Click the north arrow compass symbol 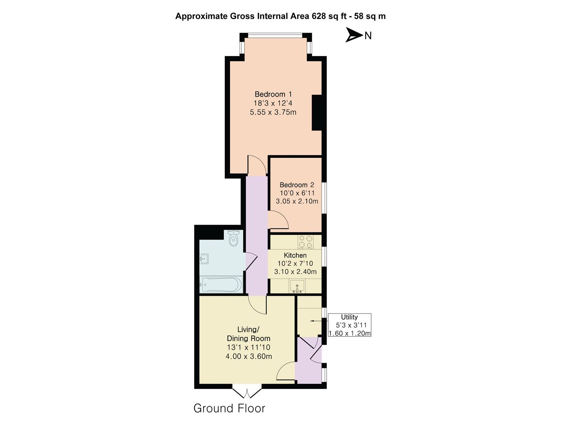tap(354, 35)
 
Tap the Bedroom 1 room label tap(273, 94)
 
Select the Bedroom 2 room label tap(297, 185)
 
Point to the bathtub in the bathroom tap(221, 284)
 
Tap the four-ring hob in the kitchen tap(305, 241)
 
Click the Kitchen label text tap(295, 255)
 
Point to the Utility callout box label tap(349, 317)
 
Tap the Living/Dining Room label tap(248, 334)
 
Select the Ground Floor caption tap(229, 408)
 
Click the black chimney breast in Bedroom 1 tap(317, 113)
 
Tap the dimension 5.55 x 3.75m tap(273, 112)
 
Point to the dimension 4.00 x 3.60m tap(248, 356)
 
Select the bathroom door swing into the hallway tap(252, 261)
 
